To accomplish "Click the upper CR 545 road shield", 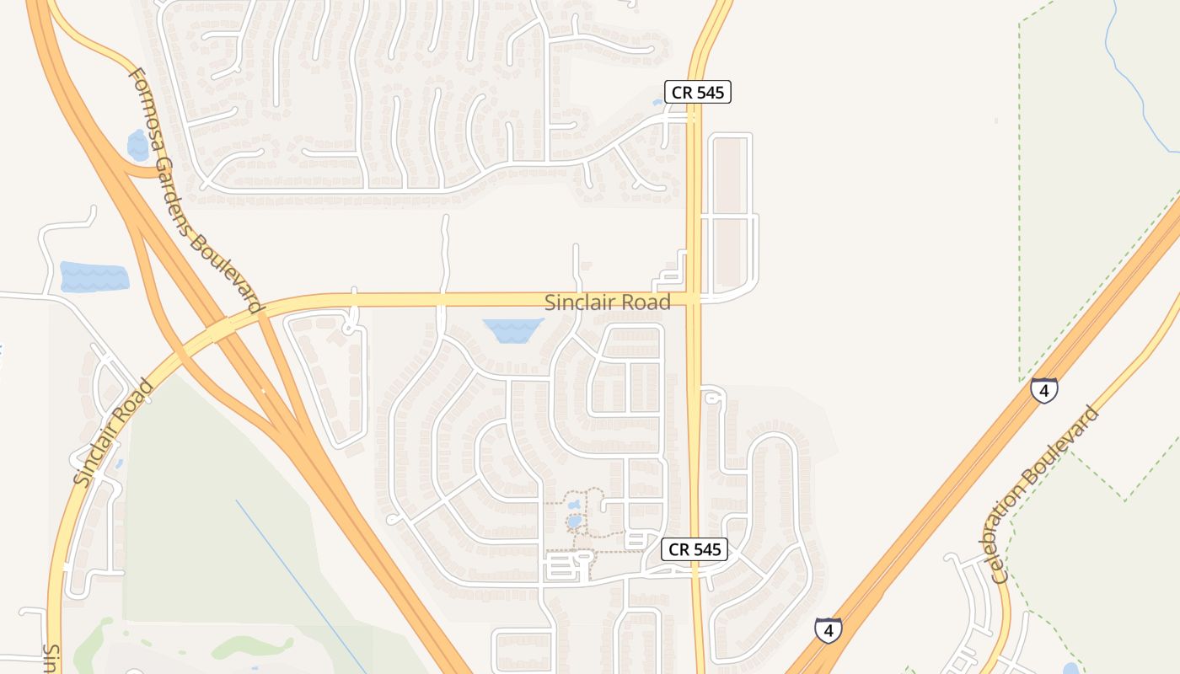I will point(697,93).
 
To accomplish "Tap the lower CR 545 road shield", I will point(694,549).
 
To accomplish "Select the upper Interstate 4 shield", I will point(1044,391).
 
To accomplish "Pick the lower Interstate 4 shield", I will point(829,629).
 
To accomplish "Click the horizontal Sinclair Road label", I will point(607,302).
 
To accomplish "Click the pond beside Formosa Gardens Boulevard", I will point(137,145).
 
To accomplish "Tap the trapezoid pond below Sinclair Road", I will point(512,329).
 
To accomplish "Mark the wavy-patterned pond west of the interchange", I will point(94,277).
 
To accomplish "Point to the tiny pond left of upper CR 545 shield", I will point(657,102).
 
